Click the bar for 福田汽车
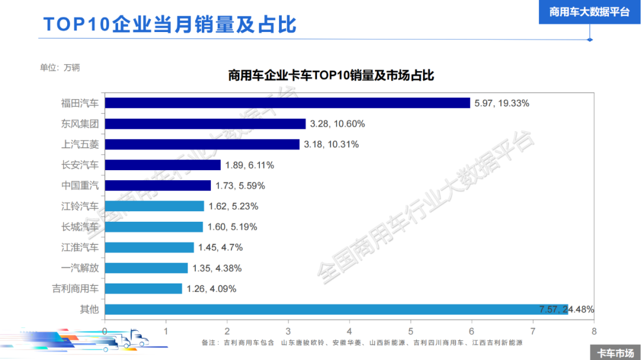[287, 103]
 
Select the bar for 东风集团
[205, 124]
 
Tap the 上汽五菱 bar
[202, 144]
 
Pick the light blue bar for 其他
[336, 309]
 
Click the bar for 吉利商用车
[144, 288]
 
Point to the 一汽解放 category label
[80, 268]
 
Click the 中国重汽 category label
[80, 185]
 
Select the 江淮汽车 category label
[80, 247]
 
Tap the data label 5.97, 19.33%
[502, 103]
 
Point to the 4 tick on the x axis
[350, 331]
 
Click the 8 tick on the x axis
[594, 331]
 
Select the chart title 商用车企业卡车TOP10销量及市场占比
[331, 75]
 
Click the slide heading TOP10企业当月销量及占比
[170, 24]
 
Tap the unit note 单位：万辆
[60, 67]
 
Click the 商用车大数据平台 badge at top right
[589, 12]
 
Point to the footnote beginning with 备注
[362, 343]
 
